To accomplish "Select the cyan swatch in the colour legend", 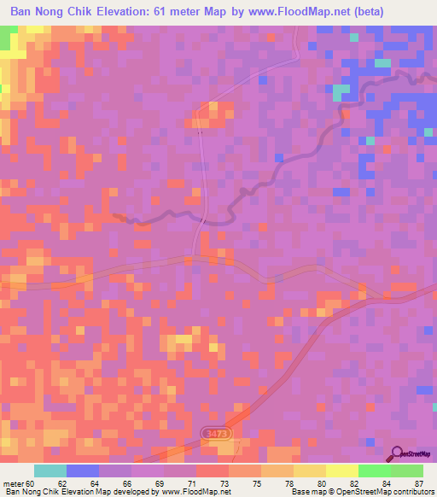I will (x=50, y=471).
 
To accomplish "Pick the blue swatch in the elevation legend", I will (x=83, y=471).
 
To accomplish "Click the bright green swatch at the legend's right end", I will (x=406, y=471).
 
